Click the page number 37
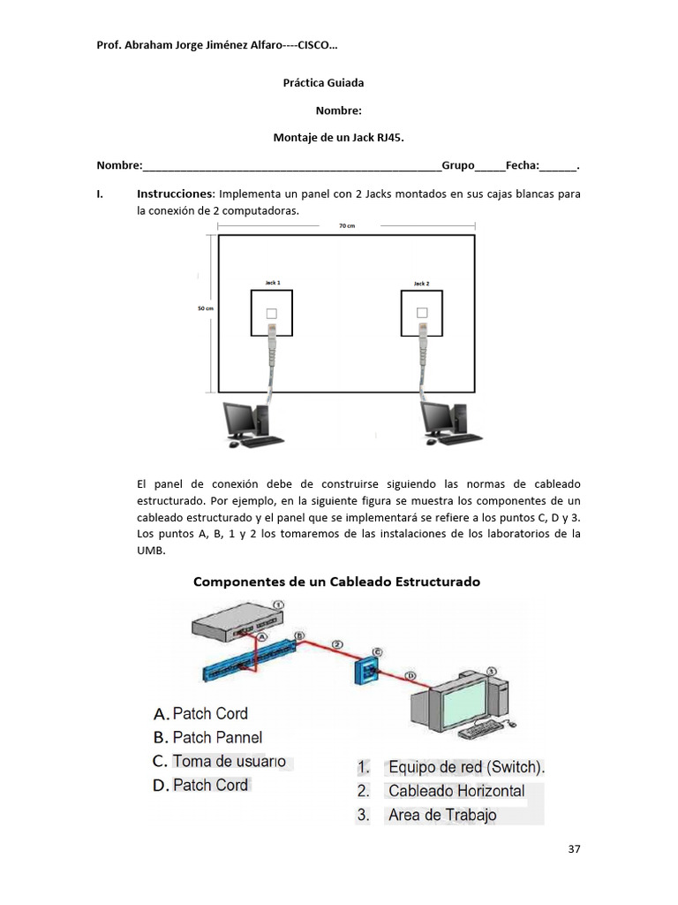tap(575, 850)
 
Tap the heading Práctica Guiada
tap(323, 83)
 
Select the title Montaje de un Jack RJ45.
tap(339, 138)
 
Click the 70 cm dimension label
tap(347, 226)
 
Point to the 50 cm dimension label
tap(205, 308)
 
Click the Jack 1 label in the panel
tap(273, 283)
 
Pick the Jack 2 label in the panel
tap(421, 284)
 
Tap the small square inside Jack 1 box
tap(272, 313)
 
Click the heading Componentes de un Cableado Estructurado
tap(336, 582)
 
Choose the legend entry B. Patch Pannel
tap(207, 737)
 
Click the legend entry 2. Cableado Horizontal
tap(441, 791)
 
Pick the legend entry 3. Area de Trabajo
tap(426, 815)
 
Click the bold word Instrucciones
tap(175, 194)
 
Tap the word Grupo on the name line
tap(457, 165)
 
